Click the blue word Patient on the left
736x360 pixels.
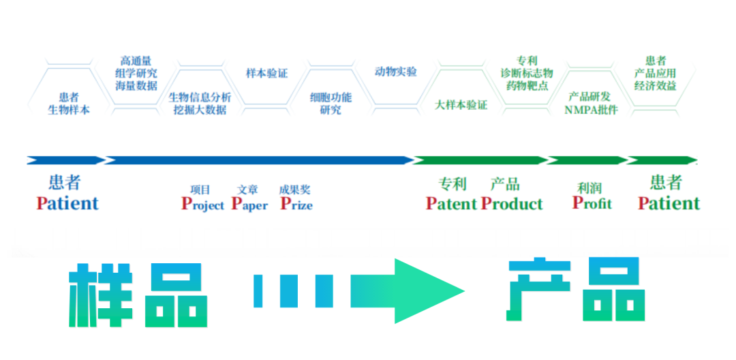point(67,203)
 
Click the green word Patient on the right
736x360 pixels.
point(669,203)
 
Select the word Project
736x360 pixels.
point(202,204)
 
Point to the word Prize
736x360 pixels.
point(296,204)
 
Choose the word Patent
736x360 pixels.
point(451,203)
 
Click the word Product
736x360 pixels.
point(512,203)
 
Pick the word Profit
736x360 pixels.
point(592,202)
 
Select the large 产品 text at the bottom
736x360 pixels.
point(576,291)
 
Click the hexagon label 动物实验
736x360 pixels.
point(396,72)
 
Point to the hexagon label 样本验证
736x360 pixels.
point(266,73)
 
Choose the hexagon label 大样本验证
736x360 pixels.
point(461,105)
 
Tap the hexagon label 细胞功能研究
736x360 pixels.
point(331,104)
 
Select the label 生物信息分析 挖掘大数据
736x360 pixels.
point(200,103)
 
